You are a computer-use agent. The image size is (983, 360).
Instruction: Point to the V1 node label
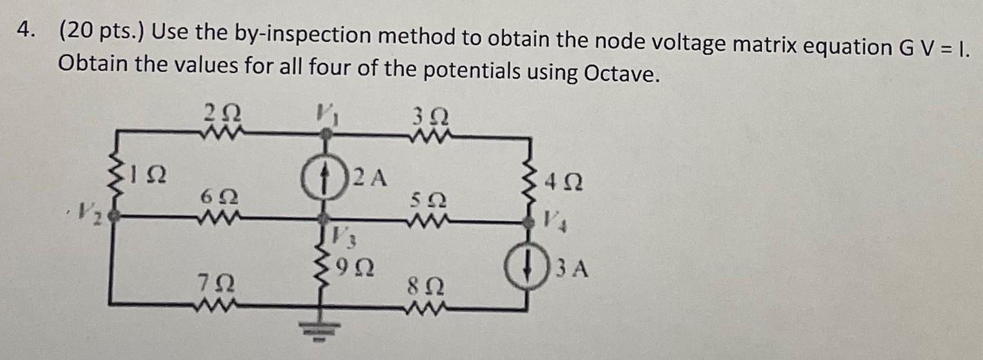pos(327,112)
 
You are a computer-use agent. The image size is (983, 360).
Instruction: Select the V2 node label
pos(91,215)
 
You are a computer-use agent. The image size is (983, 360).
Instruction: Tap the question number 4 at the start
pos(25,32)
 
